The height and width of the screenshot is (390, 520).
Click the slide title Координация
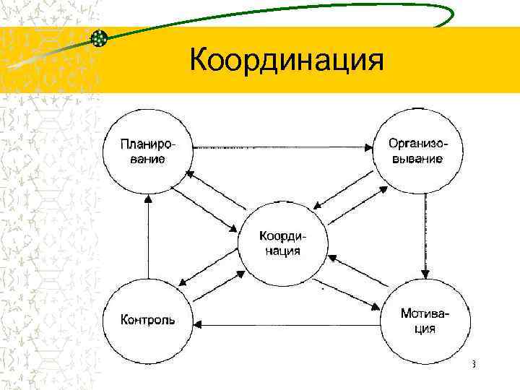(x=285, y=61)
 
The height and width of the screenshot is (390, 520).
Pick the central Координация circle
(x=283, y=244)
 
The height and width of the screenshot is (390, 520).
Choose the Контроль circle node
(x=147, y=319)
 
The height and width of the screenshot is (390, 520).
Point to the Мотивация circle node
(x=425, y=320)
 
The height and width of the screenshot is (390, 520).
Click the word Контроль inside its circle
(x=147, y=319)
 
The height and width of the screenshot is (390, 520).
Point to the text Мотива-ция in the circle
(x=425, y=321)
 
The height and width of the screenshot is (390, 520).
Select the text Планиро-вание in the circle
(x=147, y=150)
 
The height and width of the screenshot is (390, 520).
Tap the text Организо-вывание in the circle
(x=417, y=150)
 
